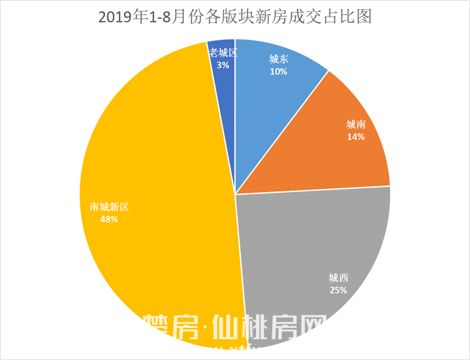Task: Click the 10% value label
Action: (279, 71)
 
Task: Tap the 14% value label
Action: (356, 137)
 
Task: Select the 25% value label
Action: (338, 289)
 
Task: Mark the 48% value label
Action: (109, 220)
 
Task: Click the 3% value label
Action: (223, 65)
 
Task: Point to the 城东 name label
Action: (279, 59)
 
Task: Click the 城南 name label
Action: (356, 124)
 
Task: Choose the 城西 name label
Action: (338, 277)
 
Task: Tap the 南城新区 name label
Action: (110, 207)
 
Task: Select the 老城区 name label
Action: (223, 52)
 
